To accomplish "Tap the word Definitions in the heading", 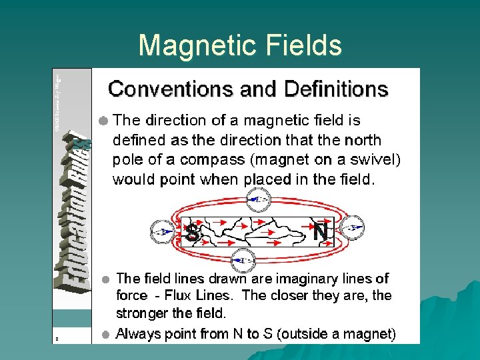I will coord(336,89).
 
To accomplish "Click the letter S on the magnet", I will coord(193,233).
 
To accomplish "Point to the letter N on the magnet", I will coord(321,233).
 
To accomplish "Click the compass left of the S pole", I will coord(161,232).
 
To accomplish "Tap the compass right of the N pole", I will coord(353,227).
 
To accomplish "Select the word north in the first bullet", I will coord(363,140).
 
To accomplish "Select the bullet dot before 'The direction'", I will coord(103,121).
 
